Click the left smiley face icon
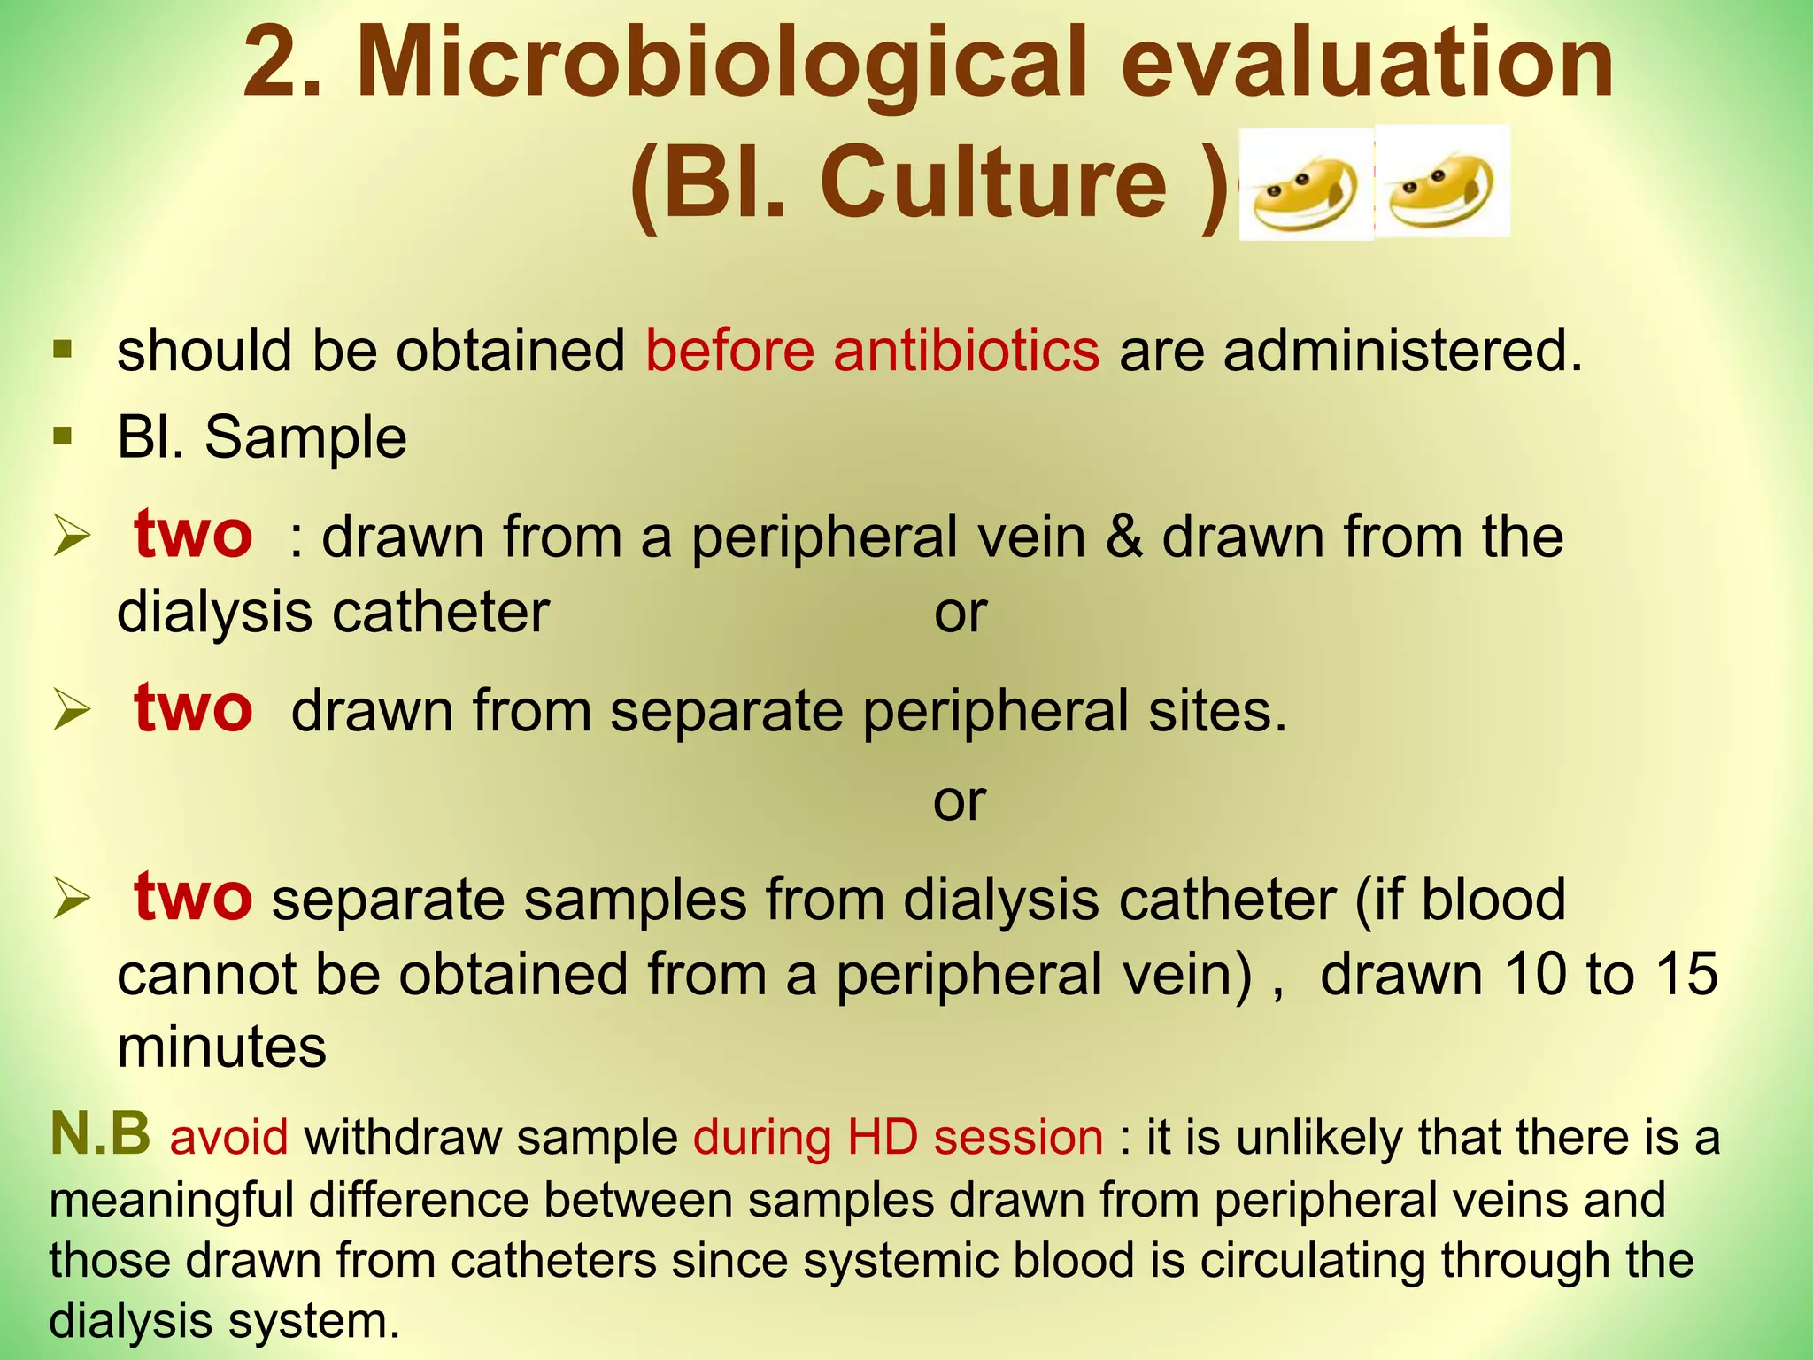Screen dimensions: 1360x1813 pos(1306,184)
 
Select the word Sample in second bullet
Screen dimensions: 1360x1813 pos(305,437)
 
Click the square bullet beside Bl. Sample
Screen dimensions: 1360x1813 pos(62,436)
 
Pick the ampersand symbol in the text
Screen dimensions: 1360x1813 pos(1123,537)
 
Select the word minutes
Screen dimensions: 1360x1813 pos(221,1047)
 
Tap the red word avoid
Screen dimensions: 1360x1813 pos(228,1137)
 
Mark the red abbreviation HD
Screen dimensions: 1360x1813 pos(883,1137)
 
